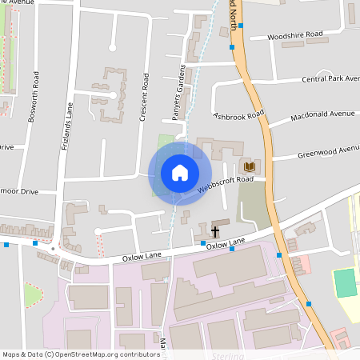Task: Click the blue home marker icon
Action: click(179, 173)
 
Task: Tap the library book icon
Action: click(250, 166)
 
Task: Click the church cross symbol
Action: click(215, 232)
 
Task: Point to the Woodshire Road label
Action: click(295, 35)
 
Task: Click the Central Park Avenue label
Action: click(330, 79)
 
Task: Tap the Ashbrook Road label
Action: click(238, 116)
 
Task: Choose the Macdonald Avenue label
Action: click(322, 114)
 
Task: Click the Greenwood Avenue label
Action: click(328, 150)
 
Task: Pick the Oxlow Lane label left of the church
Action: click(143, 258)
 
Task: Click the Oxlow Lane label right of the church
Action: click(226, 242)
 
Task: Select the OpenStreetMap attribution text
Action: click(80, 354)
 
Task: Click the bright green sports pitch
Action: click(345, 283)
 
